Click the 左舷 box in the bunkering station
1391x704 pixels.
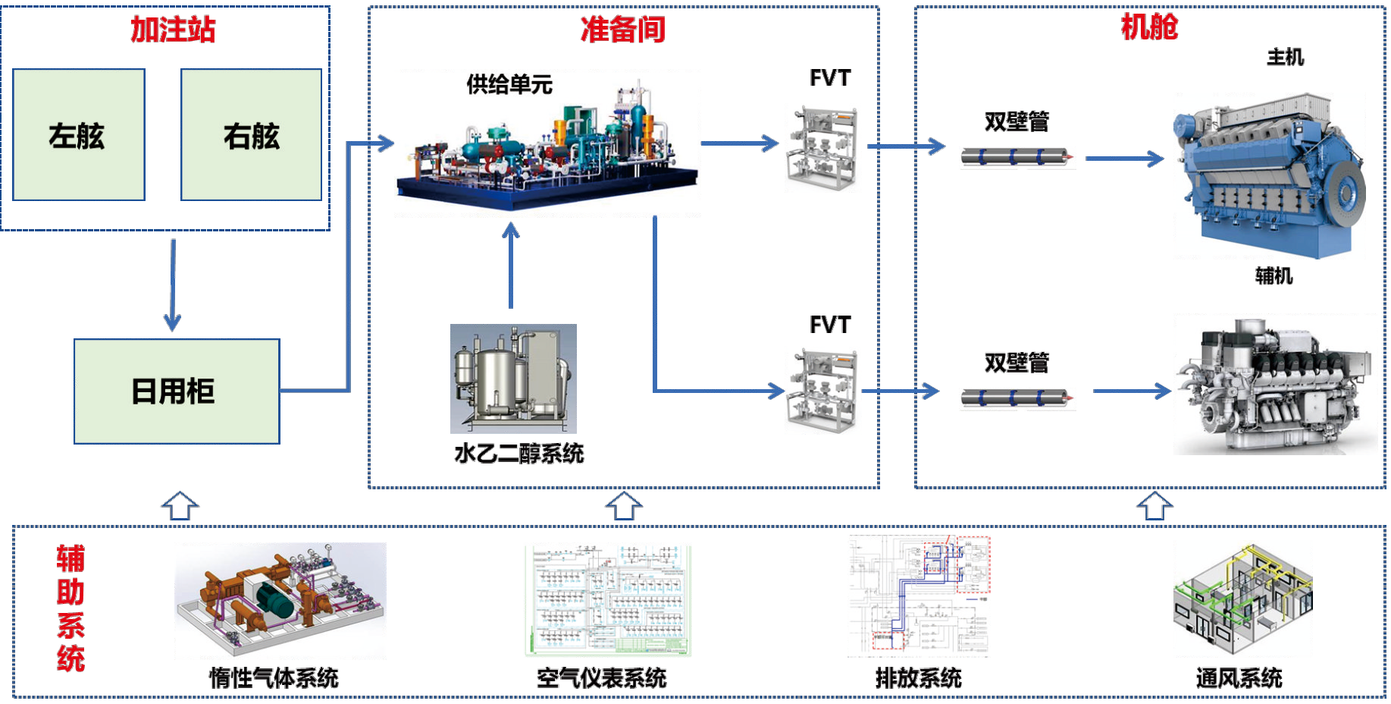coord(79,135)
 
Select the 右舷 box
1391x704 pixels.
coord(251,135)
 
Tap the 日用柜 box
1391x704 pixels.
coord(177,391)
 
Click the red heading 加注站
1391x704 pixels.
coord(173,30)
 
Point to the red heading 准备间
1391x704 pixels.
coord(622,30)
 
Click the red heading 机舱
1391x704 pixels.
coord(1148,27)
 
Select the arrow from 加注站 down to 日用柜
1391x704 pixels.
coord(173,285)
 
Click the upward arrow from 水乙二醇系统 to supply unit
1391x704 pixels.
coord(511,265)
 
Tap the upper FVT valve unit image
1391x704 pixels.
coord(822,148)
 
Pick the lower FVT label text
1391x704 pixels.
coord(829,325)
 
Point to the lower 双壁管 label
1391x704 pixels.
coord(1017,363)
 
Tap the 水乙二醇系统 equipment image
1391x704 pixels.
coord(513,378)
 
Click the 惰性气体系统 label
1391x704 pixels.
coord(274,677)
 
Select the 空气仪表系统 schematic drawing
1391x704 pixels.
coord(608,600)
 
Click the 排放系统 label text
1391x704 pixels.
coord(918,677)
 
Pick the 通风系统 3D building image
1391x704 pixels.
coord(1242,599)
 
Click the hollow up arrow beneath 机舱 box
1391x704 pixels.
coord(1154,505)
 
